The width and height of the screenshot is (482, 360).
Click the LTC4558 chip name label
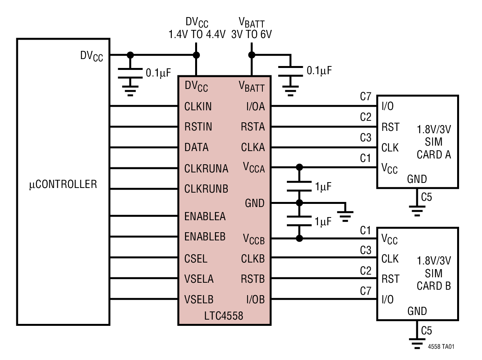point(224,316)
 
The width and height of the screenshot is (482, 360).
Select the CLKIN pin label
point(198,106)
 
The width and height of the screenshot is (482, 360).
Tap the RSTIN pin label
point(198,127)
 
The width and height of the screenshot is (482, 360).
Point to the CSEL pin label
point(196,259)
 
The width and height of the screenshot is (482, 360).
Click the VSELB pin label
point(199,299)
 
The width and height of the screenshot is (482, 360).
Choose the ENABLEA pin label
point(205,216)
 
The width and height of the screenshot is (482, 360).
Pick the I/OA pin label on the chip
point(255,106)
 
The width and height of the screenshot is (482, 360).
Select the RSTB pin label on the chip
point(253,279)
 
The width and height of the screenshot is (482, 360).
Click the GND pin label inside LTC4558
point(255,203)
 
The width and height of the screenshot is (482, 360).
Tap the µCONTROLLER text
point(63,184)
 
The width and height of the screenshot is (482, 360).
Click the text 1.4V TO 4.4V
point(197,34)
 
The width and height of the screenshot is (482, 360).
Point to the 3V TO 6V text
point(251,34)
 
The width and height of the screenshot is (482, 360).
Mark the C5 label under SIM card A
point(426,197)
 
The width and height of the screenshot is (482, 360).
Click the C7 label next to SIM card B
point(365,291)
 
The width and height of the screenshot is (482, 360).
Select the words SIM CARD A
point(434,148)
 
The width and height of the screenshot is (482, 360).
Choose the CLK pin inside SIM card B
point(390,259)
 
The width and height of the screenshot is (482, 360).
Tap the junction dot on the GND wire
point(299,203)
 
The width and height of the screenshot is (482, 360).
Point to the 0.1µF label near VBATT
point(320,71)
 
